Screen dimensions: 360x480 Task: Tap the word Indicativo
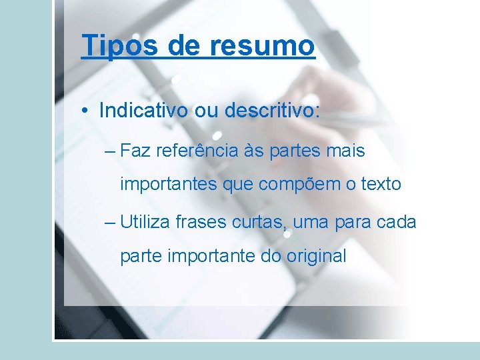[143, 111]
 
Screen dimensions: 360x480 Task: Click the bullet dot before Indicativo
[87, 111]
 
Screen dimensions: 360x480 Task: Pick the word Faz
[135, 151]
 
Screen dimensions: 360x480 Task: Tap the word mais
[346, 151]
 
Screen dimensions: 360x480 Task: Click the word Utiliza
[145, 222]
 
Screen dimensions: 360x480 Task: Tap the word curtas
[260, 222]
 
